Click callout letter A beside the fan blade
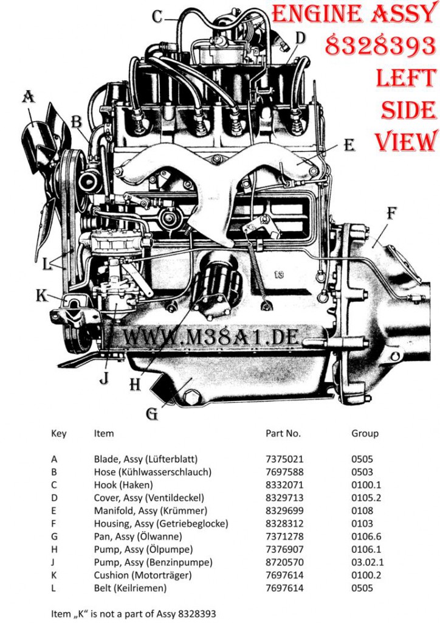pos(28,97)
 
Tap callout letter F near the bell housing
pos(391,214)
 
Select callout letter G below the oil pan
pos(152,414)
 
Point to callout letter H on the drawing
pos(136,385)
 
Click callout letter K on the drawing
pos(41,296)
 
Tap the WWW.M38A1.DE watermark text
pos(211,337)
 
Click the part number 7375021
pos(284,459)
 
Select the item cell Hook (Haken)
pos(123,485)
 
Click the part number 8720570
pos(284,563)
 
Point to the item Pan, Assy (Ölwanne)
pos(138,537)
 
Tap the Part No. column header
pos(283,433)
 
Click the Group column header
pos(365,434)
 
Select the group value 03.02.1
pos(368,563)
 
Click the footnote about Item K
pos(134,614)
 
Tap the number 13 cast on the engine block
pos(279,274)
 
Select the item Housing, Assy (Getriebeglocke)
pos(161,524)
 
